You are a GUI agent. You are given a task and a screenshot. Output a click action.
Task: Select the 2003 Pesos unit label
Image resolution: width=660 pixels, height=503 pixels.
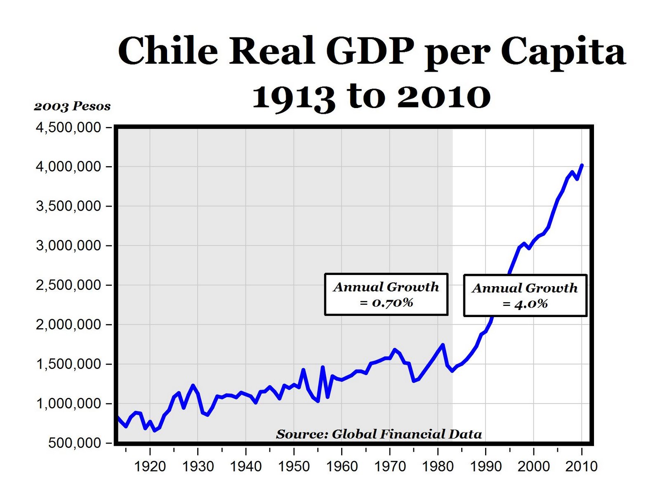coord(72,106)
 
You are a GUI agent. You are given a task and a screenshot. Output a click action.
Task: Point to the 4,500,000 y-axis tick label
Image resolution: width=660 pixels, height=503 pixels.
coord(68,127)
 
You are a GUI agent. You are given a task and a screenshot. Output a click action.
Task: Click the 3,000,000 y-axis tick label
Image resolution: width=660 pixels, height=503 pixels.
coord(68,246)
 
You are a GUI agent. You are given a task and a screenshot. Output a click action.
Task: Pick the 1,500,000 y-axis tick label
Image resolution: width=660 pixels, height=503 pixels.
coord(68,364)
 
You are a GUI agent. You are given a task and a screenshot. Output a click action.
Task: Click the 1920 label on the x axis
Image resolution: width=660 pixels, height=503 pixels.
coord(150,467)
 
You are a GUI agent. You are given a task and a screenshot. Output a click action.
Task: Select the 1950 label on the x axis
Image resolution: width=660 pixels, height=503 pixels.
coord(294,467)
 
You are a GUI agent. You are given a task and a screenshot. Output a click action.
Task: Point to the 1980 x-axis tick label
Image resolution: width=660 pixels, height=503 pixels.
coord(438,467)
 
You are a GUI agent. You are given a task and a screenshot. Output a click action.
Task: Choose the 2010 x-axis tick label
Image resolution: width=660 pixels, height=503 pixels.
coord(581,467)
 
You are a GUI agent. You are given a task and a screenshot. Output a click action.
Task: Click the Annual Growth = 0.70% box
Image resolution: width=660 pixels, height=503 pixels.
coord(386,294)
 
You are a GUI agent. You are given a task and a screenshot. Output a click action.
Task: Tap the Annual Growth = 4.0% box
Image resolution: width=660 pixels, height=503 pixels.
coord(525,296)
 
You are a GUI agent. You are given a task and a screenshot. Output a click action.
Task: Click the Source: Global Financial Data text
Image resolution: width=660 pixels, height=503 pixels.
coord(379,434)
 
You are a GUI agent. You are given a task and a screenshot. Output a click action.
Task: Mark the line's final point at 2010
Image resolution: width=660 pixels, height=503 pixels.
coord(582,165)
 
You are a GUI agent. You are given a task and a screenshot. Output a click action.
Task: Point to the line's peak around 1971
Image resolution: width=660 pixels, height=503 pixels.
coord(395,350)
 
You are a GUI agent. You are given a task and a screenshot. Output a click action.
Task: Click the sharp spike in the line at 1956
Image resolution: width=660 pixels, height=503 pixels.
coord(323,367)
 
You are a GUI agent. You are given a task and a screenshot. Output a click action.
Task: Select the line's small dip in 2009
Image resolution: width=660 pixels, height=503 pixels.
coord(577,179)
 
